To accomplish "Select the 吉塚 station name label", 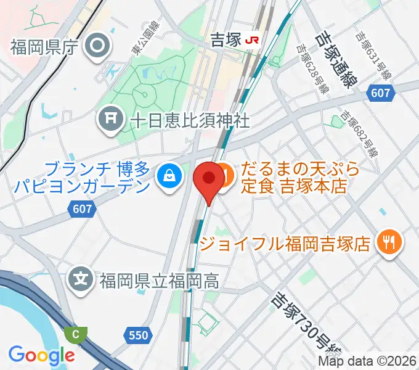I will (x=226, y=40).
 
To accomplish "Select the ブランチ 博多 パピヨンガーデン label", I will (x=99, y=177).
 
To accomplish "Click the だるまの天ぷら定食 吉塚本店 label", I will (x=300, y=177).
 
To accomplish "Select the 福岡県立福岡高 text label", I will (x=159, y=281).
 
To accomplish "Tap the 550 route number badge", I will (x=139, y=335).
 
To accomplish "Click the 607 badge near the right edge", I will (x=380, y=93).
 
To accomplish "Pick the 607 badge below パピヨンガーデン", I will (x=82, y=209).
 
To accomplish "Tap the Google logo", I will (x=41, y=355).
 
